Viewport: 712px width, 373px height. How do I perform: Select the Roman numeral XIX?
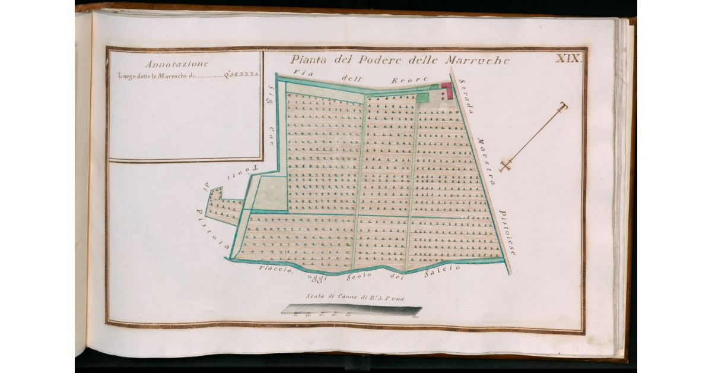[569, 58]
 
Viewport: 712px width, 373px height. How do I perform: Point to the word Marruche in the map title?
[482, 60]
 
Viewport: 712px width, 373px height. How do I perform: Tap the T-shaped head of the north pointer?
[562, 107]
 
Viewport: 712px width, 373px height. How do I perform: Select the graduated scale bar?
[351, 311]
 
